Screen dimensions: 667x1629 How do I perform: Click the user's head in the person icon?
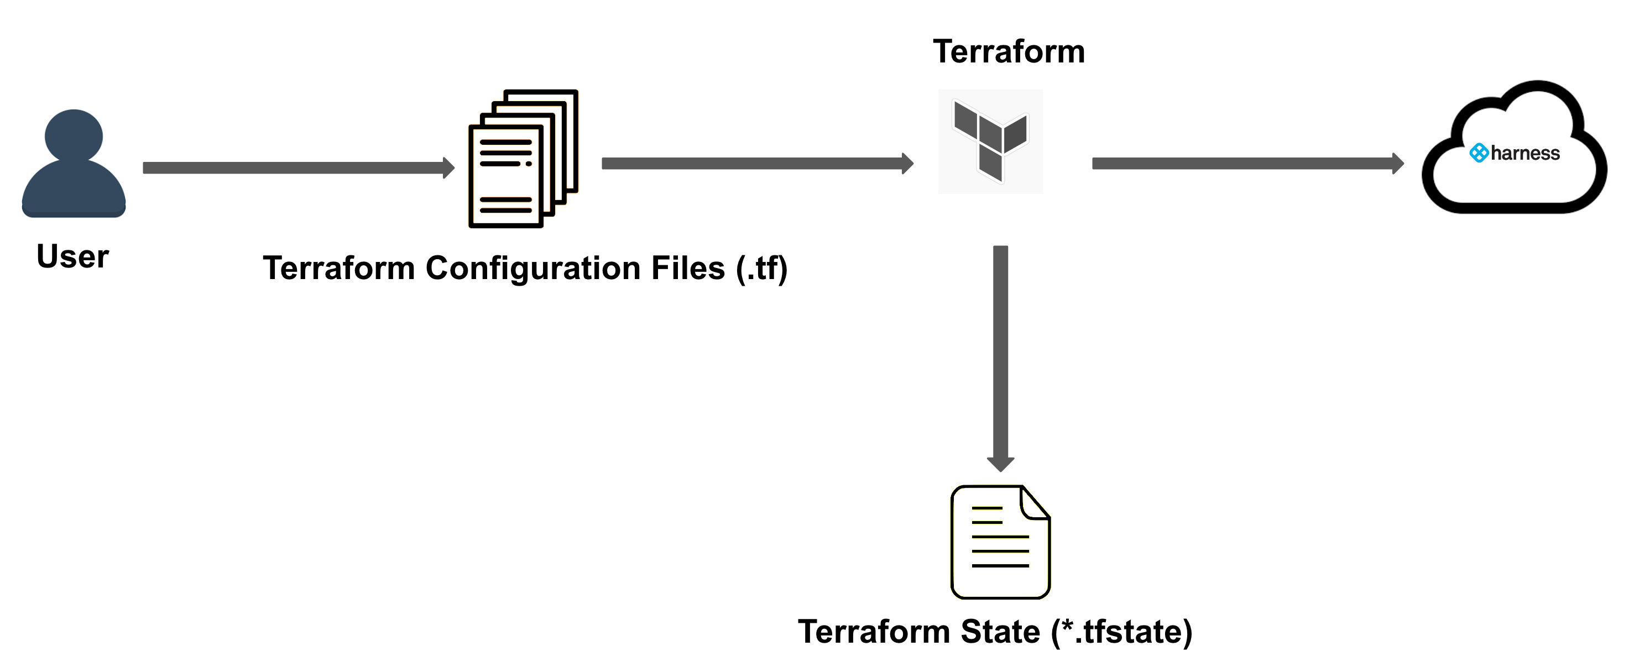pyautogui.click(x=74, y=136)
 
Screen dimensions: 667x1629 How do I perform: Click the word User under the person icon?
pyautogui.click(x=73, y=256)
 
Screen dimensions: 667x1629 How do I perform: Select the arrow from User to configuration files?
pyautogui.click(x=291, y=167)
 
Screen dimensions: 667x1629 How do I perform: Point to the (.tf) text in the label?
pyautogui.click(x=761, y=268)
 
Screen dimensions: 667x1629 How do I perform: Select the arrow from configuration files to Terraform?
pyautogui.click(x=753, y=164)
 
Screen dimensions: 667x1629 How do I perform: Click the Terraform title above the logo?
pyautogui.click(x=1009, y=52)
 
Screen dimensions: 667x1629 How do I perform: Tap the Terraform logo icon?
pyautogui.click(x=990, y=142)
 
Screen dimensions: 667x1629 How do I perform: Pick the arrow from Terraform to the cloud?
pyautogui.click(x=1240, y=164)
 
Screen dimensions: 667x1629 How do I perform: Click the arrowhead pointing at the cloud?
pyautogui.click(x=1397, y=164)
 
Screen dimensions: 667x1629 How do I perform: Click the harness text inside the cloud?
pyautogui.click(x=1524, y=154)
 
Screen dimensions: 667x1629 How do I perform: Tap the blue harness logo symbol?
pyautogui.click(x=1479, y=153)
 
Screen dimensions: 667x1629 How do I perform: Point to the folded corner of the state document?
pyautogui.click(x=1035, y=503)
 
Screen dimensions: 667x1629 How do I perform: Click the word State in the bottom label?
pyautogui.click(x=1000, y=632)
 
